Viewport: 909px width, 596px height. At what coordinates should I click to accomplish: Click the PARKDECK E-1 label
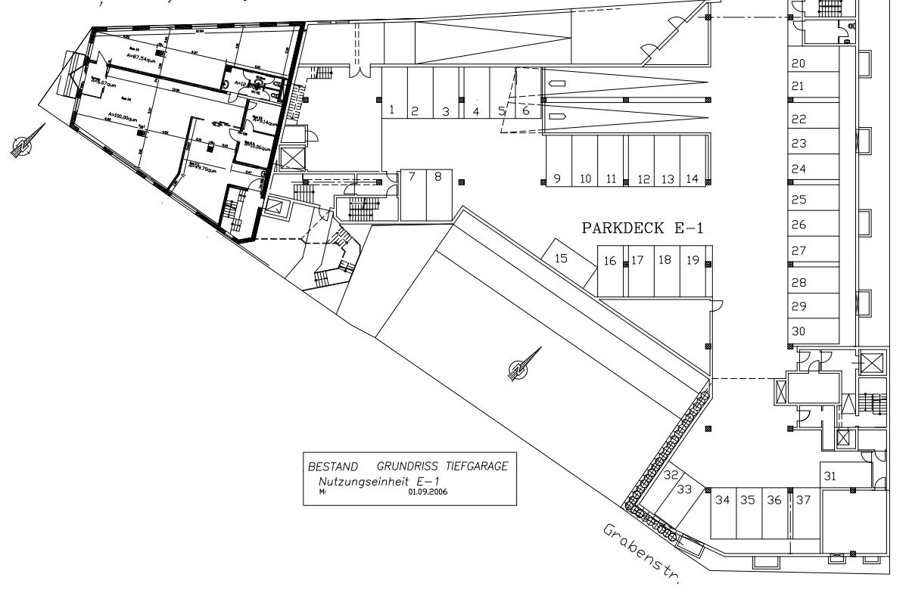[x=642, y=228]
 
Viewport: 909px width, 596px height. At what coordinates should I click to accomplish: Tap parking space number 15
[x=562, y=259]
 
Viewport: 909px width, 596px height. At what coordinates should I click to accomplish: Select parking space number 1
[x=391, y=110]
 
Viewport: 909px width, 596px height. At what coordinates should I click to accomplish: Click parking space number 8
[x=437, y=177]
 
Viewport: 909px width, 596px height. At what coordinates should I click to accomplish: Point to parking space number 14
[x=692, y=179]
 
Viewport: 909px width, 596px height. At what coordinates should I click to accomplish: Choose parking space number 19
[x=693, y=260]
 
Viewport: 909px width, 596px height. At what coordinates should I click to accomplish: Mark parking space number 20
[x=798, y=64]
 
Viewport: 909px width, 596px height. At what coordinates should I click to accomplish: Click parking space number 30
[x=798, y=331]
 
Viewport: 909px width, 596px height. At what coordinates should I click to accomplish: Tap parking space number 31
[x=830, y=476]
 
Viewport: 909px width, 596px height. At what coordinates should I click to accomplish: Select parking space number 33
[x=684, y=489]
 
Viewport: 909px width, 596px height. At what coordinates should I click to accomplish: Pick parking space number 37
[x=803, y=500]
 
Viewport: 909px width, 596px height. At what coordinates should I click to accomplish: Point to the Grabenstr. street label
[x=643, y=553]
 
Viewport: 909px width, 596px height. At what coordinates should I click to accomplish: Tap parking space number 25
[x=798, y=200]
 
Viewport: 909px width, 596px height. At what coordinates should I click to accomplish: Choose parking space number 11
[x=611, y=179]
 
